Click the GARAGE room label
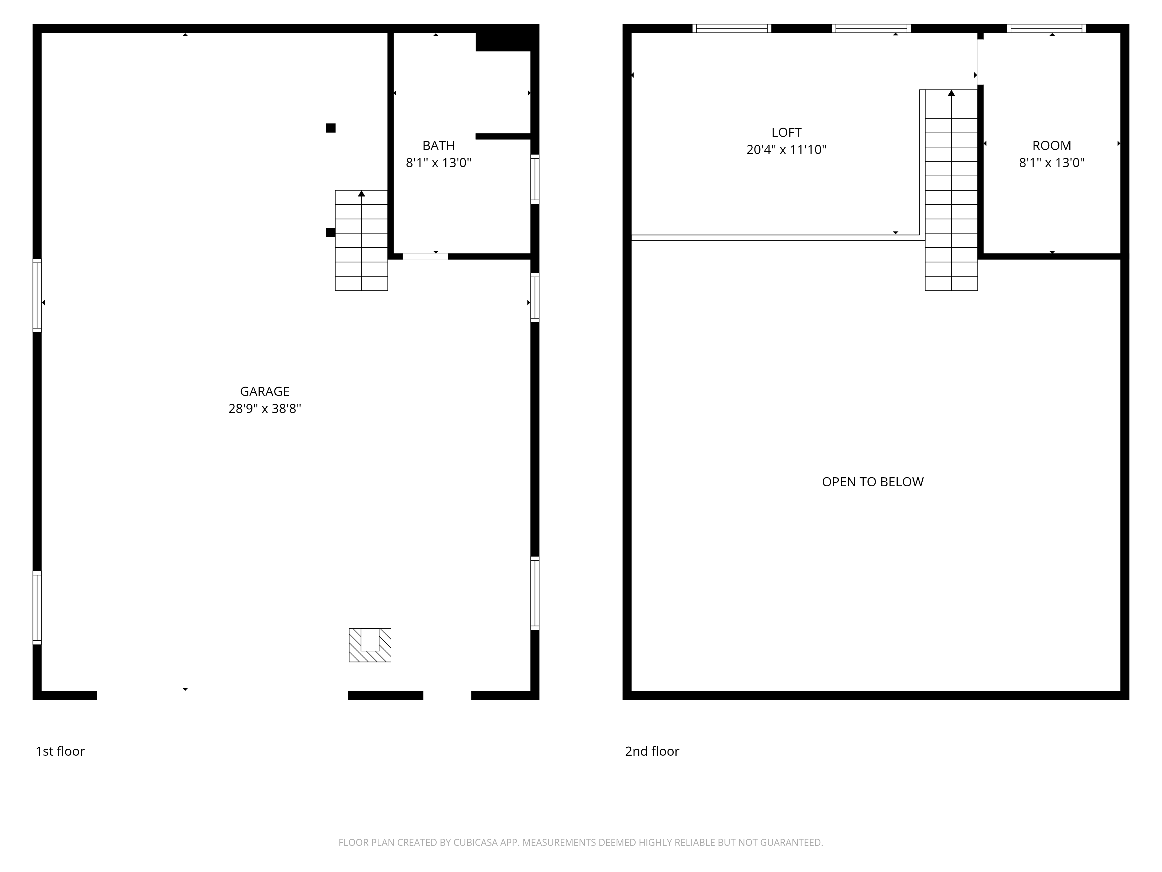tap(265, 392)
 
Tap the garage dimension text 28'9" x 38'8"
tap(265, 409)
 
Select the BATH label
tap(439, 146)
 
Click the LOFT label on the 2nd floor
tap(786, 133)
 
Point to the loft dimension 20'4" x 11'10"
tap(786, 150)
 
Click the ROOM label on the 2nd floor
tap(1052, 146)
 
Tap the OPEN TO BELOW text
tap(873, 482)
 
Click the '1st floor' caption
tap(60, 751)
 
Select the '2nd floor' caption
tap(652, 751)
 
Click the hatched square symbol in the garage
tap(370, 645)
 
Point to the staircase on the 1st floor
tap(361, 240)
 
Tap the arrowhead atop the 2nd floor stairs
tap(951, 93)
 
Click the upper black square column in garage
tap(330, 128)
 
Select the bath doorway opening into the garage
tap(425, 256)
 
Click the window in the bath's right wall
tap(535, 179)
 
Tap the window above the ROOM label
tap(1046, 28)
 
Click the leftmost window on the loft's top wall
tap(732, 28)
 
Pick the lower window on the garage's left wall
tap(37, 607)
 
